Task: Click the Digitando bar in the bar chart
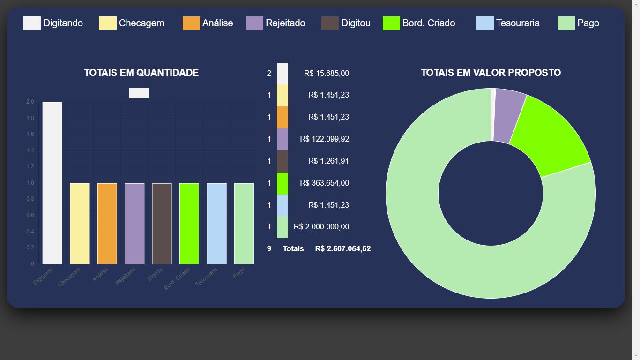coord(52,183)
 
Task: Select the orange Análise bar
coord(107,223)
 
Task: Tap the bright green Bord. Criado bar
coord(189,223)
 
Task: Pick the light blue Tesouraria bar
coord(216,223)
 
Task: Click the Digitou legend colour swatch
coord(330,23)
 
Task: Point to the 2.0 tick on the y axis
coord(30,102)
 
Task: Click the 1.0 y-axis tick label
coord(30,183)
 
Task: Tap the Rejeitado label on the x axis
coord(126,277)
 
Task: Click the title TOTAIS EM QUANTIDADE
coord(141,73)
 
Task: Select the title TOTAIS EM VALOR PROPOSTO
coord(491,73)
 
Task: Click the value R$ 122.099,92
coord(324,139)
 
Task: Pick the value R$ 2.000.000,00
coord(321,226)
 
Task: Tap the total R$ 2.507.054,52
coord(342,248)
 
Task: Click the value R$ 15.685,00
coord(326,73)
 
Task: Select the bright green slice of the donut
coord(548,136)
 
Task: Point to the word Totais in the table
coord(293,248)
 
